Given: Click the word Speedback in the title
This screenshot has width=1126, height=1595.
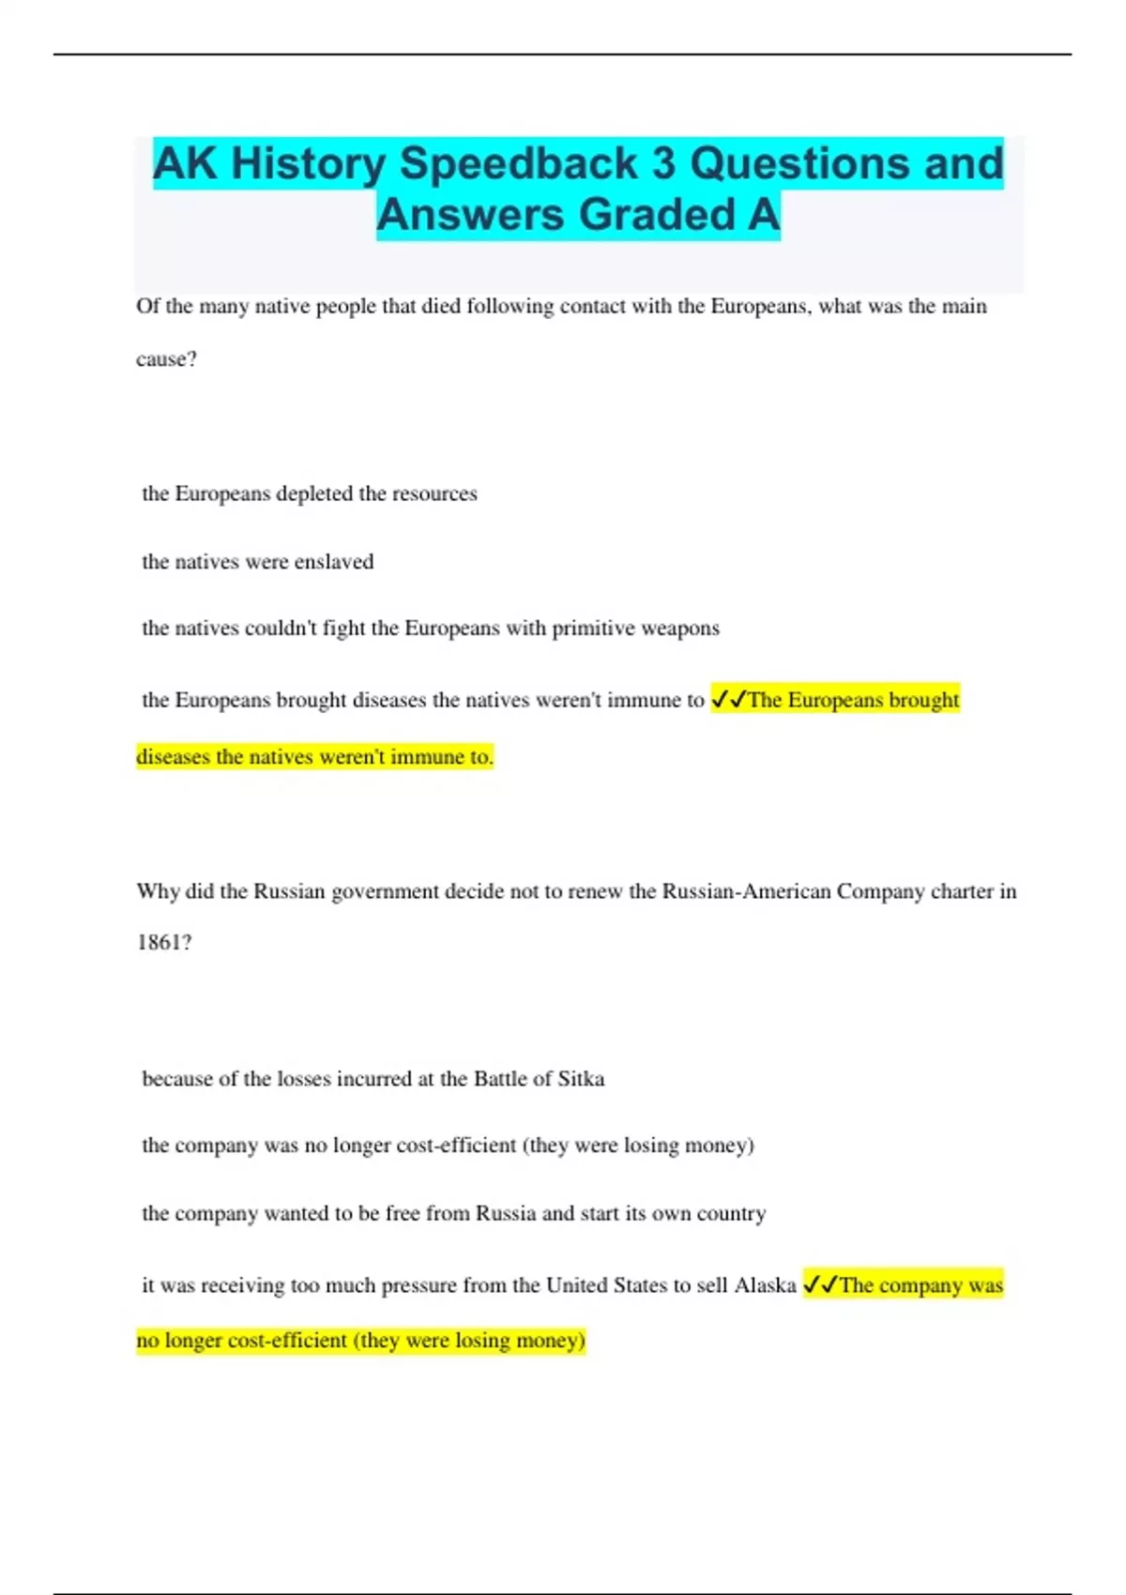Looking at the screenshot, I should [x=531, y=163].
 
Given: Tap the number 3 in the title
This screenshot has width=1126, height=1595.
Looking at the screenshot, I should [x=663, y=163].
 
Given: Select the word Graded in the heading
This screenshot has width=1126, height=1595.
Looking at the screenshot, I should [x=657, y=215].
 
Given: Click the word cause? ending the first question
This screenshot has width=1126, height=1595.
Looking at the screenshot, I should [x=166, y=359].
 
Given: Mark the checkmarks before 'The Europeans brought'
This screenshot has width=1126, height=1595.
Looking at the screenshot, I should [x=728, y=700].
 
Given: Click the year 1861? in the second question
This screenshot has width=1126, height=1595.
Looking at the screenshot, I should [x=164, y=943].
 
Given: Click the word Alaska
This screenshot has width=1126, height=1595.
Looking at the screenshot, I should [x=765, y=1285].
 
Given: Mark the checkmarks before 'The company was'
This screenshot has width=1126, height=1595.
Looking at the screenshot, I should [x=820, y=1285].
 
